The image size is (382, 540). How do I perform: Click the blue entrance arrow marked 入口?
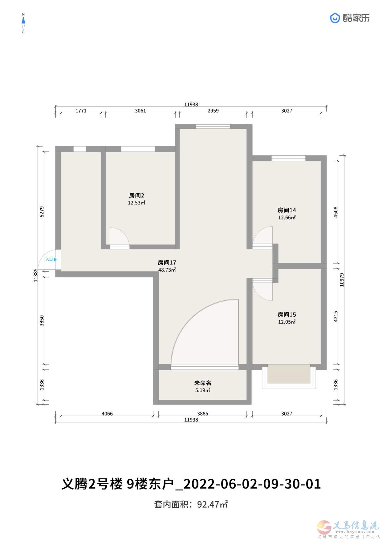(55, 260)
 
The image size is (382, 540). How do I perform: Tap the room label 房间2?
(136, 195)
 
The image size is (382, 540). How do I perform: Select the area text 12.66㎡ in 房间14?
(287, 218)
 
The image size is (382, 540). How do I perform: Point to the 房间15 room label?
(287, 315)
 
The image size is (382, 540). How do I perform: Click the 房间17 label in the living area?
(167, 263)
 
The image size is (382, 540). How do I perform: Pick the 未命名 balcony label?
(203, 383)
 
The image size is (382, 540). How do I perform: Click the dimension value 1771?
(81, 111)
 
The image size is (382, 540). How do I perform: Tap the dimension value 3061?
(140, 111)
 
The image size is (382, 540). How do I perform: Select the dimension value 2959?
(213, 111)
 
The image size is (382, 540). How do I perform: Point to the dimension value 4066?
(107, 414)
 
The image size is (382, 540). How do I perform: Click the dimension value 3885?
(203, 414)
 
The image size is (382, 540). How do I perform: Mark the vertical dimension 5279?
(42, 212)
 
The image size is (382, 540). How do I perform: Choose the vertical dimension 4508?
(336, 212)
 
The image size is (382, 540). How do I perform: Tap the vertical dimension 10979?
(342, 280)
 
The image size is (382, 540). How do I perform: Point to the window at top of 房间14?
(288, 158)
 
